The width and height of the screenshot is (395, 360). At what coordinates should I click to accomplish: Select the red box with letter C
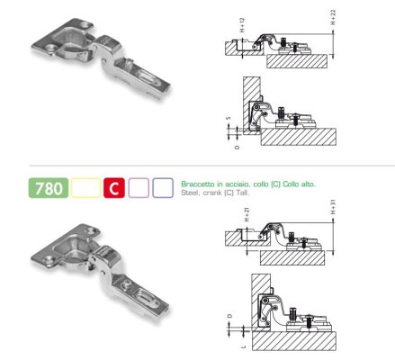pos(114,188)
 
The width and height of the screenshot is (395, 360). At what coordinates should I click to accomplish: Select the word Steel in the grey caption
pos(189,193)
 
